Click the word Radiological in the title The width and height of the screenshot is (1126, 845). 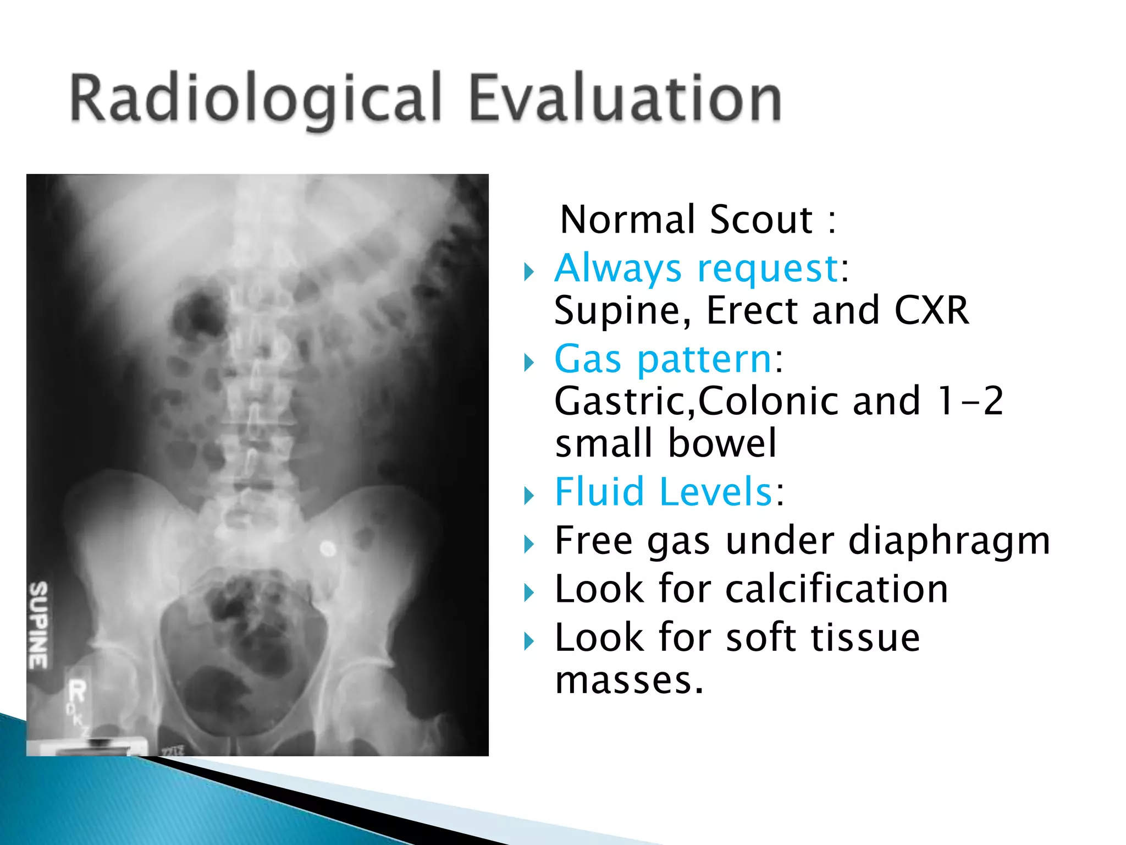tap(256, 99)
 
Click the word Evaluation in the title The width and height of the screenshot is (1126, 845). tap(625, 99)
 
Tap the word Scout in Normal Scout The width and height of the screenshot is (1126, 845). tap(761, 220)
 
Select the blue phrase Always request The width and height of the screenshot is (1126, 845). tap(696, 268)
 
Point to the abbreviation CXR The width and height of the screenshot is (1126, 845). tap(932, 311)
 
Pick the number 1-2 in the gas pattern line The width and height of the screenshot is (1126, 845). tap(971, 401)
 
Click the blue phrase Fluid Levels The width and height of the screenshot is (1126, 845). tap(664, 491)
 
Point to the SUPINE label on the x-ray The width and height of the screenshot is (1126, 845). tap(38, 625)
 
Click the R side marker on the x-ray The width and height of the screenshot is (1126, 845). tap(77, 692)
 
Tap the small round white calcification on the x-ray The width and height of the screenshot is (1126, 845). tap(328, 548)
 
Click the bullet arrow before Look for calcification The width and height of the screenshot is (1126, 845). tap(529, 593)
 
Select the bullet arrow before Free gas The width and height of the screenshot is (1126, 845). tap(529, 545)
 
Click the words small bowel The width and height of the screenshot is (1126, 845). tap(666, 443)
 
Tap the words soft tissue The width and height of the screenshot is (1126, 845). tap(823, 638)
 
